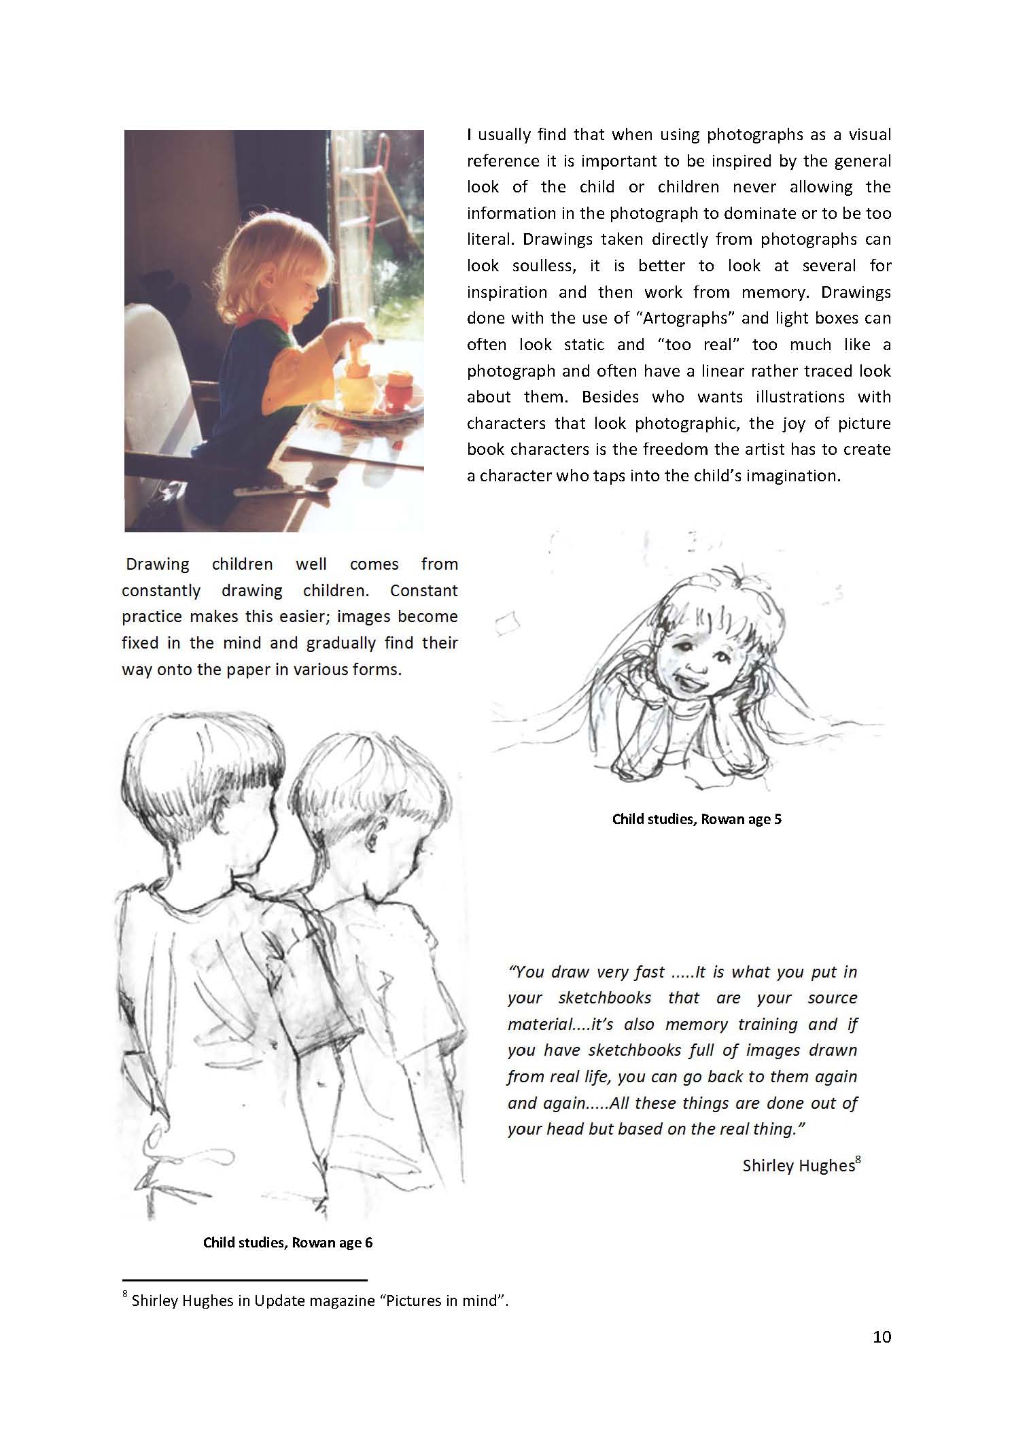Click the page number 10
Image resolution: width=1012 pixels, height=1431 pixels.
pos(882,1337)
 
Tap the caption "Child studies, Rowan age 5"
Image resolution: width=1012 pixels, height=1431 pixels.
pos(697,818)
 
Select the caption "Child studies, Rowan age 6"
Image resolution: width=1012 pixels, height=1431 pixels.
pos(287,1243)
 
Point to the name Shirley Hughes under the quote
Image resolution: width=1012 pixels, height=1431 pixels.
pos(797,1166)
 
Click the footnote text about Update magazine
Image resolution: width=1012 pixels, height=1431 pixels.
pos(319,1300)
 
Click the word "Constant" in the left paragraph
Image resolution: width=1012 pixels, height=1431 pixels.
pos(423,590)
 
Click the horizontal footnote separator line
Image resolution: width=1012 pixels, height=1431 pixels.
pos(245,1280)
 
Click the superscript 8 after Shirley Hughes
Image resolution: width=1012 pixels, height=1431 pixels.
pos(858,1160)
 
